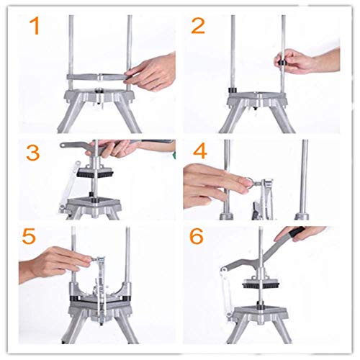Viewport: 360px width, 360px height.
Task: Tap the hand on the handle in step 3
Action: click(x=119, y=149)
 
